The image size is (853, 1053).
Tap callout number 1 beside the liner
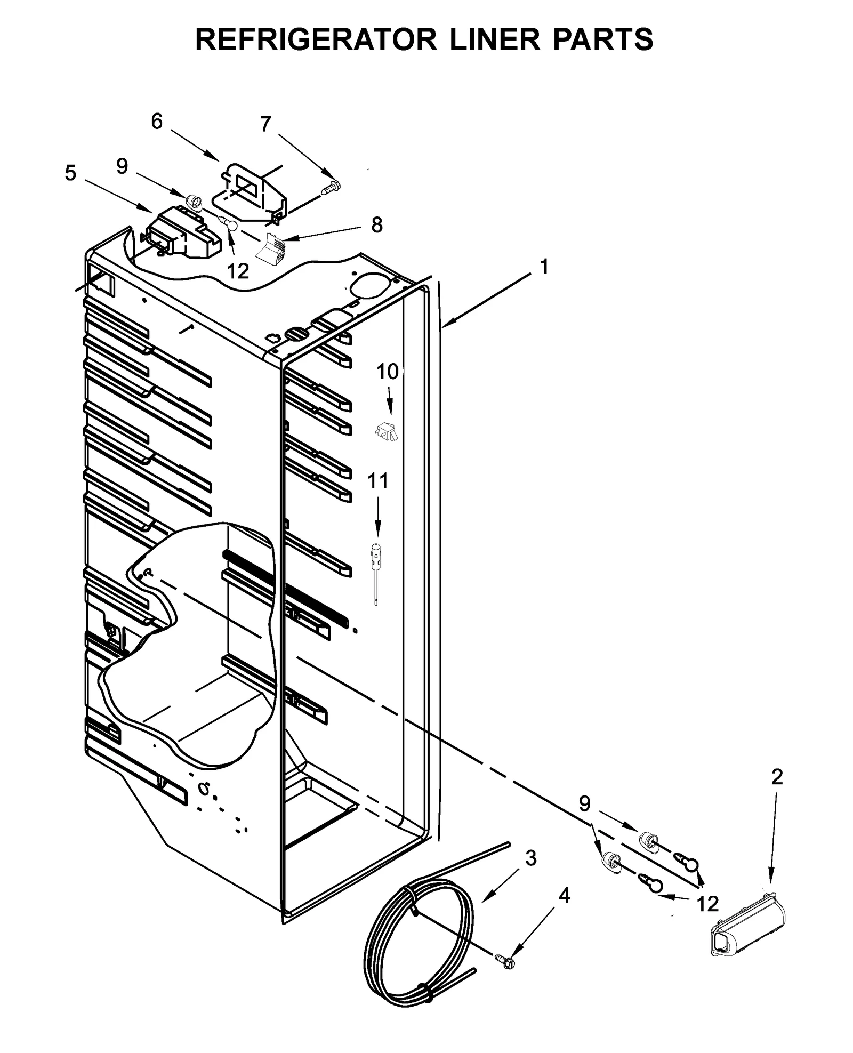click(544, 267)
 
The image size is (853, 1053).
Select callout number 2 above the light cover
click(777, 777)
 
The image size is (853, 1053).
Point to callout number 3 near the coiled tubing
click(530, 858)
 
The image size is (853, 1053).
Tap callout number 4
click(564, 896)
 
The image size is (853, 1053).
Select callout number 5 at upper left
click(70, 173)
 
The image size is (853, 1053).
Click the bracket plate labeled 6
click(251, 192)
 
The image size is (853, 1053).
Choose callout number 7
click(265, 124)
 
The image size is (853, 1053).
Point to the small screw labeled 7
click(331, 187)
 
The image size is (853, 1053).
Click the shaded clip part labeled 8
click(272, 248)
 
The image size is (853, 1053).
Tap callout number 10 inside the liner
click(388, 372)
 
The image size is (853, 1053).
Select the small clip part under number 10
click(386, 431)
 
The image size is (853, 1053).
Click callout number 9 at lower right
click(585, 804)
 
